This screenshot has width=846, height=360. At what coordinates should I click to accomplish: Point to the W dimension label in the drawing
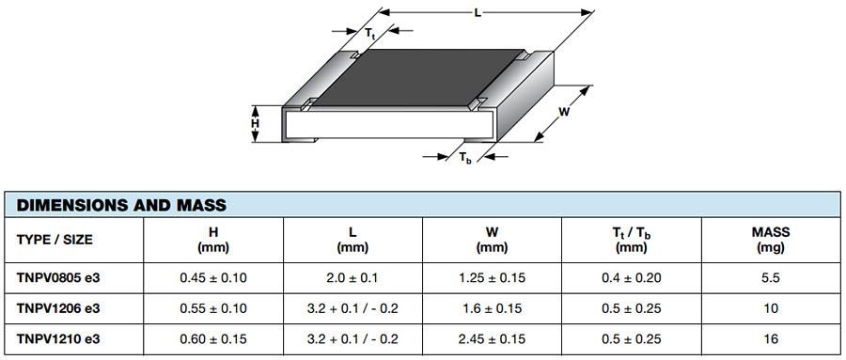click(x=564, y=113)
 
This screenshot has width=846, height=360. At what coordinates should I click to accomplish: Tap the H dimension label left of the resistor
click(x=255, y=123)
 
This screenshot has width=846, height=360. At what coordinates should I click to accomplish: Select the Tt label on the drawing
click(x=370, y=34)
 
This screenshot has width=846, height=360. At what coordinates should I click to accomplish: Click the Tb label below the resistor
click(x=465, y=159)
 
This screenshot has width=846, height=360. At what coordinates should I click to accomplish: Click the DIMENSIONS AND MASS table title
click(x=121, y=205)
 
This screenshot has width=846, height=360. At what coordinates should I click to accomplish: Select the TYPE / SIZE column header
click(x=55, y=240)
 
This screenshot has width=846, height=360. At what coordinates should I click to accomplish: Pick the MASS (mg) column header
click(x=771, y=240)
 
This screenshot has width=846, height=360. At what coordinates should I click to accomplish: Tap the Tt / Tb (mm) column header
click(x=631, y=240)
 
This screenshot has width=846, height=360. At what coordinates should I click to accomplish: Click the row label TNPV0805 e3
click(x=58, y=278)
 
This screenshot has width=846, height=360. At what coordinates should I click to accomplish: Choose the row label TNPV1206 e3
click(x=58, y=308)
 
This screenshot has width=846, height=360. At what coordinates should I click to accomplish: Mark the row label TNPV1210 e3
click(x=58, y=338)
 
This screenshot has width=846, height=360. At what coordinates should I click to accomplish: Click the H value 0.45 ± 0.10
click(x=213, y=278)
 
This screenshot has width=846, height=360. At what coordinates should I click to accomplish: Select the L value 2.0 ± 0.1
click(x=352, y=278)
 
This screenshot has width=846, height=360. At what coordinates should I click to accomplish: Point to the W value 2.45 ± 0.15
click(x=492, y=338)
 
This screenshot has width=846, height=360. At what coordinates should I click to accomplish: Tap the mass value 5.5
click(x=771, y=278)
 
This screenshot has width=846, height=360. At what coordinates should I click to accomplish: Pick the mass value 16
click(x=771, y=338)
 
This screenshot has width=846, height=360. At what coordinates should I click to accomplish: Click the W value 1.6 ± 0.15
click(x=492, y=308)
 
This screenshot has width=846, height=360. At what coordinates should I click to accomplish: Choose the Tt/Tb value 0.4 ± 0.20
click(x=631, y=278)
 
